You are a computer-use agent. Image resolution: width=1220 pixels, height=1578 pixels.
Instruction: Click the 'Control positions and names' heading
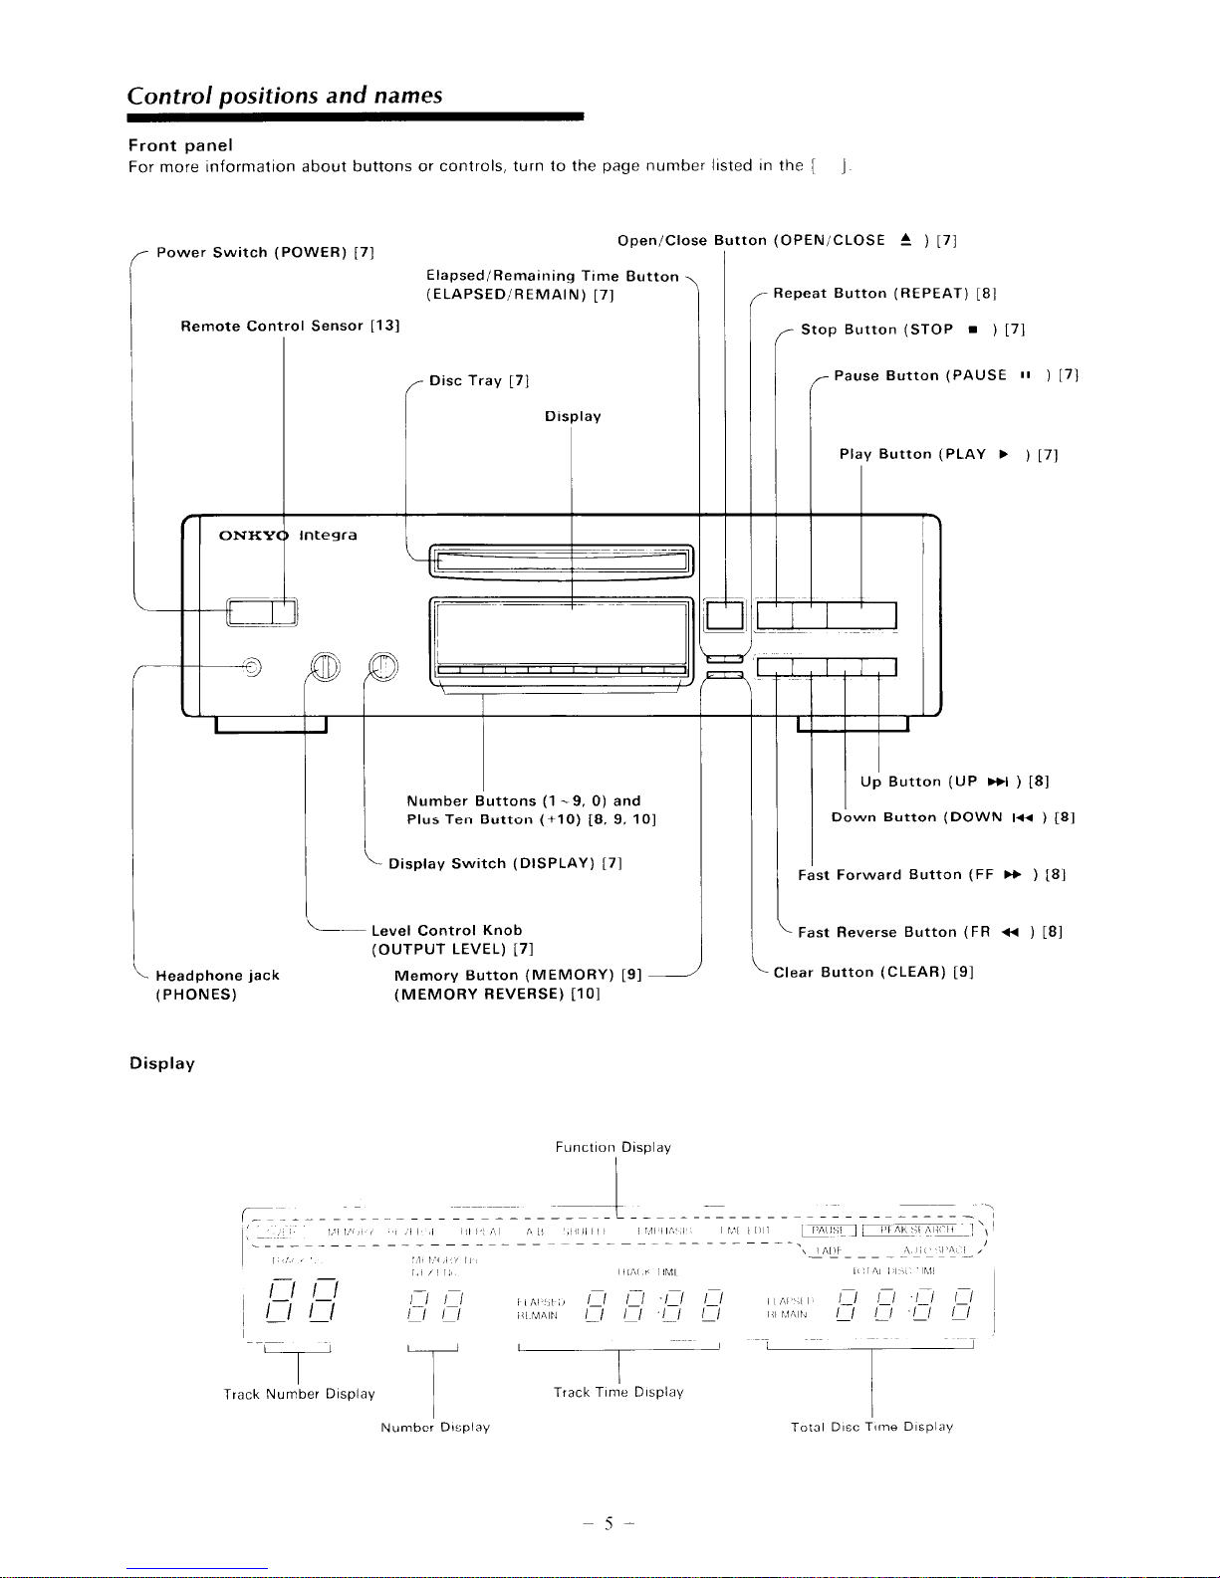285,96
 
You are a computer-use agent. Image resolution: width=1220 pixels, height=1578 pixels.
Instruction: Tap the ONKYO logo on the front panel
253,536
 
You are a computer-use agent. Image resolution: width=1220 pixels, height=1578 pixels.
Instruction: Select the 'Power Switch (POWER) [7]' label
265,253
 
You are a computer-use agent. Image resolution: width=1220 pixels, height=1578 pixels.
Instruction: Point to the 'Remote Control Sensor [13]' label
290,327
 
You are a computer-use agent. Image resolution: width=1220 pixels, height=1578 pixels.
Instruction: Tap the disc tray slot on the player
560,562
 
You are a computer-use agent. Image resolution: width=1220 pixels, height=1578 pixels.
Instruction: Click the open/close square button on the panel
724,615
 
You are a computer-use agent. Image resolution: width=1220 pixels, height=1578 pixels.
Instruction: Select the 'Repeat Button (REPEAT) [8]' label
885,294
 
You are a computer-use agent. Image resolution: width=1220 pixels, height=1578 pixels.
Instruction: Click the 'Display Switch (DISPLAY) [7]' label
506,864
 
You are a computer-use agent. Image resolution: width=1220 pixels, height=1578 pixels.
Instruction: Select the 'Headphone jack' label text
218,976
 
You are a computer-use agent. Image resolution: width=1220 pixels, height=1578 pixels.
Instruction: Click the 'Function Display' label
613,1148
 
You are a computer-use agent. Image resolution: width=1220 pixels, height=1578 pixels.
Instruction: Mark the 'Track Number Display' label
300,1395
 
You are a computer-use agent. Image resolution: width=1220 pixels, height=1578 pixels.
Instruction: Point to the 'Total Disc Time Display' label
871,1428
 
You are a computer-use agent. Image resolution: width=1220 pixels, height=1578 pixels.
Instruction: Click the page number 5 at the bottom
608,1524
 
